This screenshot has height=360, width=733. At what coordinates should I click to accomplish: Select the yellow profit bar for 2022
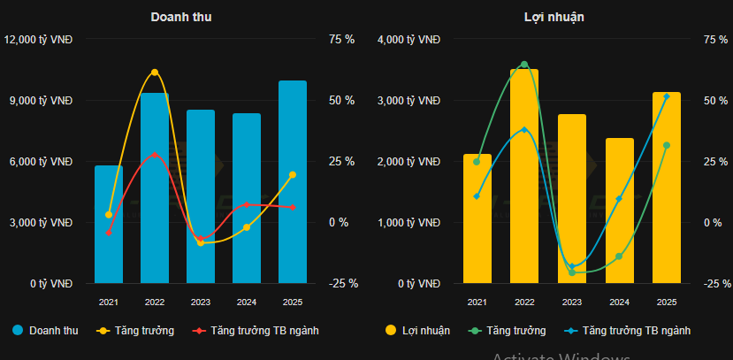[x=524, y=177]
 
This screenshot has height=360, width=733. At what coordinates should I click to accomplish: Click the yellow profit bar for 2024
[x=620, y=212]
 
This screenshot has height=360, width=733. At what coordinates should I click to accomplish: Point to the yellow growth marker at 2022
[x=155, y=73]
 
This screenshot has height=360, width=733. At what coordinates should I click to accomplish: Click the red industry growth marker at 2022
[x=155, y=155]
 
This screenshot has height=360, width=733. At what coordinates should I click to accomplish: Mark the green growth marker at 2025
[x=667, y=145]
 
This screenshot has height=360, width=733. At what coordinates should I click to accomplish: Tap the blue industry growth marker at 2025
[x=667, y=96]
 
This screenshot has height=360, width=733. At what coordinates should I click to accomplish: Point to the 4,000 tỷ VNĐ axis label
[x=408, y=40]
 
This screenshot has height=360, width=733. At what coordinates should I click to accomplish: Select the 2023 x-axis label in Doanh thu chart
[x=201, y=303]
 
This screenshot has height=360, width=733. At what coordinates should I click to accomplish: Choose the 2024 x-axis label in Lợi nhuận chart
[x=619, y=303]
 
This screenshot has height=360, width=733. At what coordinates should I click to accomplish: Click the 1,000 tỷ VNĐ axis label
[x=408, y=223]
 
